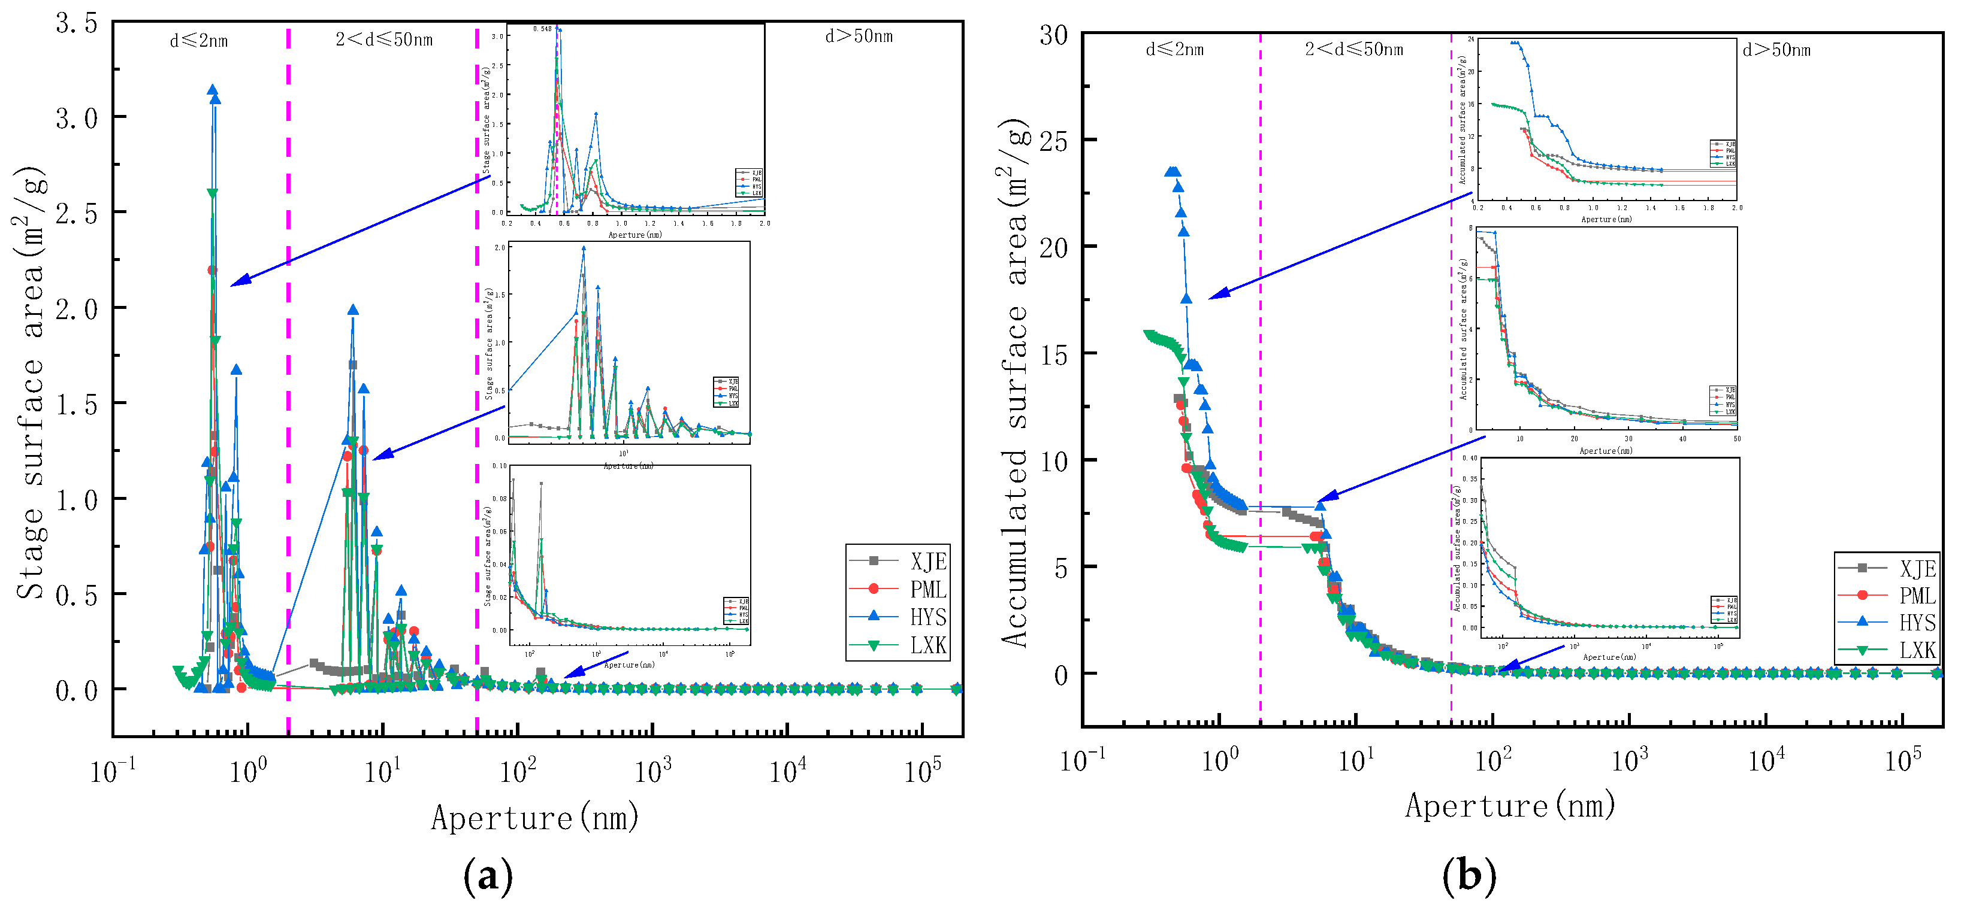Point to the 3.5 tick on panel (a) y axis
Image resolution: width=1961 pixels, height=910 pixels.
tap(76, 23)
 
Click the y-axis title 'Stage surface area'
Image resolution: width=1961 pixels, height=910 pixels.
tap(31, 380)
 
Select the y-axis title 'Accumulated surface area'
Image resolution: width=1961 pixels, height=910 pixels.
tap(1015, 380)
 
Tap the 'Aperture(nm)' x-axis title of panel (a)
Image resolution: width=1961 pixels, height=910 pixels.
tap(534, 818)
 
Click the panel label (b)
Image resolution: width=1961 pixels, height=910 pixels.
tap(1469, 876)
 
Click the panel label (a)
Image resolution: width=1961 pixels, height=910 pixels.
tap(487, 876)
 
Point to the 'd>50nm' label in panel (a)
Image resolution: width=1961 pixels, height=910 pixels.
tap(859, 36)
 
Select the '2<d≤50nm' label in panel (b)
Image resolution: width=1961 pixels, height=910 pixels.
tap(1353, 50)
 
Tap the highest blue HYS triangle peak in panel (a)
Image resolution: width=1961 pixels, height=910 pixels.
tap(212, 90)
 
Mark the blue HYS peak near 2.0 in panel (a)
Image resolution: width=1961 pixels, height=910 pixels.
tap(352, 310)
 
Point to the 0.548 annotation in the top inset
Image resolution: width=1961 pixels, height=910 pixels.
tap(542, 29)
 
